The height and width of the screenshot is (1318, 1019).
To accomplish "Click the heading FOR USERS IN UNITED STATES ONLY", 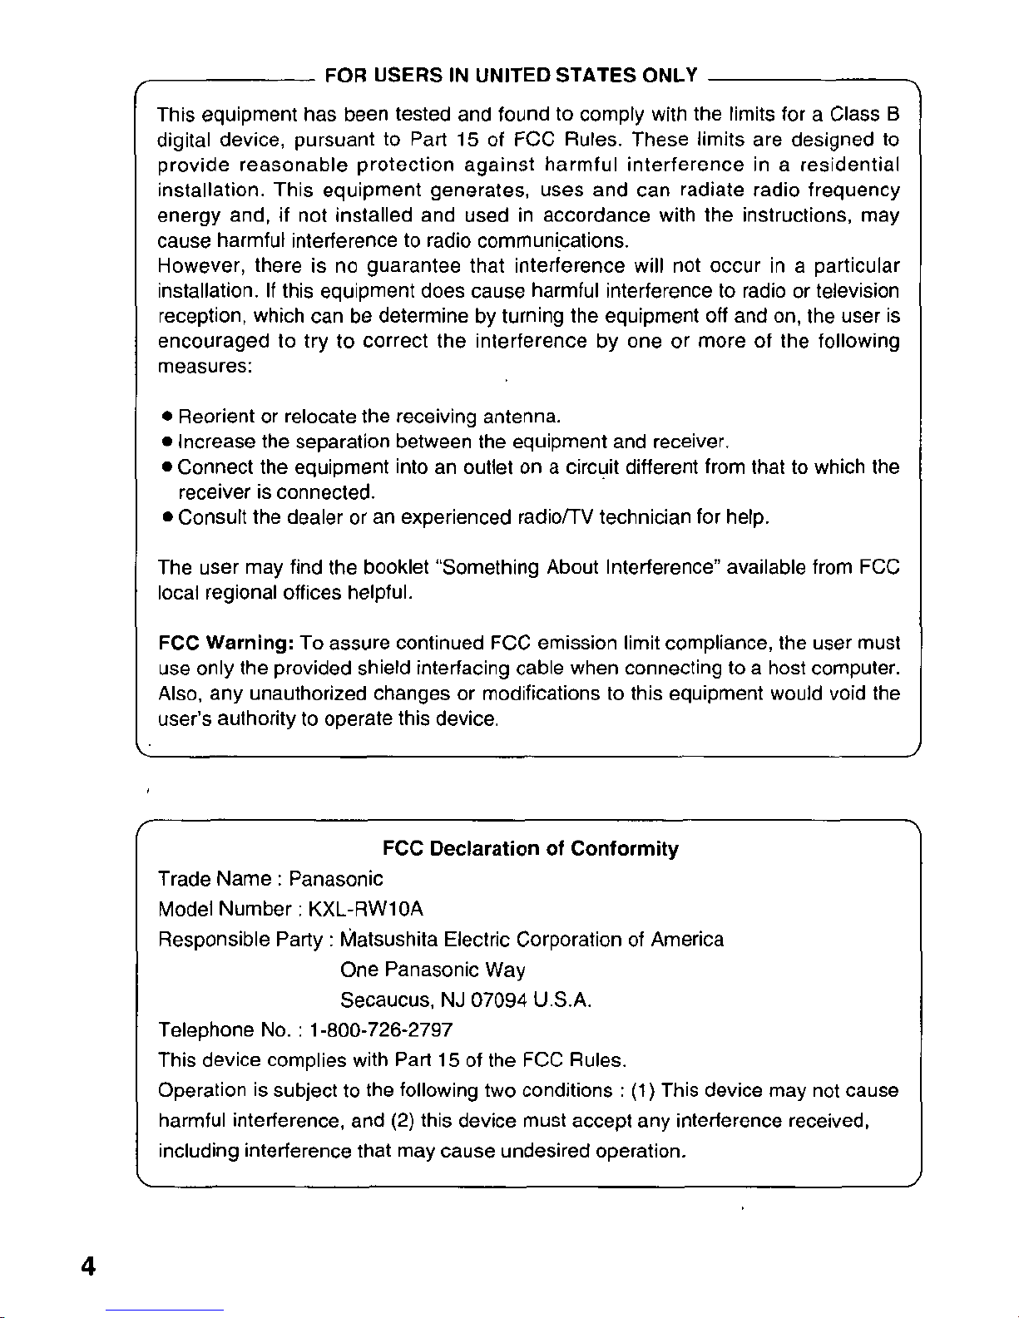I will pyautogui.click(x=511, y=77).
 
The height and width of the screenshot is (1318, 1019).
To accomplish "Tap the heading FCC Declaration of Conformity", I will pyautogui.click(x=530, y=849).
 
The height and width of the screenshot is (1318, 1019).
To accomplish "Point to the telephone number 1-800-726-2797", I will pyautogui.click(x=380, y=1030).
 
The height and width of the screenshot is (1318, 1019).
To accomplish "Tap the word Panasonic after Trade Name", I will pyautogui.click(x=336, y=879).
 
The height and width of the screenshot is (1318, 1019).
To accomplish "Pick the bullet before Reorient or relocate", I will pyautogui.click(x=168, y=416).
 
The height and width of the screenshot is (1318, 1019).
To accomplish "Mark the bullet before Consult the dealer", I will pyautogui.click(x=168, y=518).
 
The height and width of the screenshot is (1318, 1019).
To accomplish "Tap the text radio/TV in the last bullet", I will pyautogui.click(x=555, y=518).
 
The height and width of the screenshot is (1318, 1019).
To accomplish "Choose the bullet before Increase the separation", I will pyautogui.click(x=168, y=441).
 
